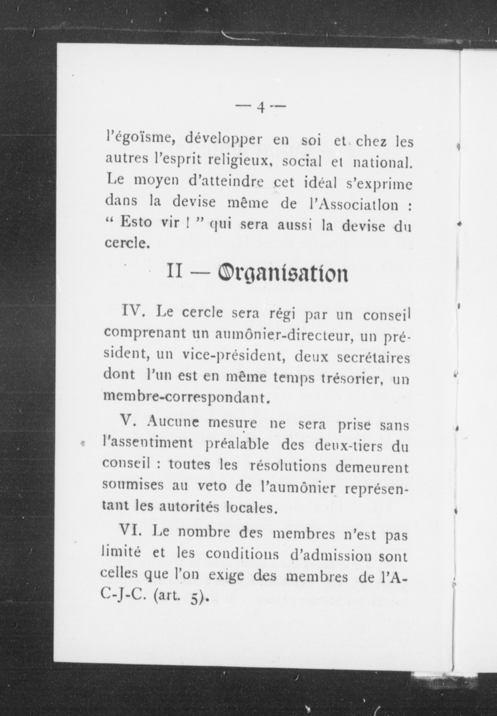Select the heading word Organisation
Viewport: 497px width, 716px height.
pyautogui.click(x=282, y=273)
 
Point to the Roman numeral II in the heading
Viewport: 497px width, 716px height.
pyautogui.click(x=175, y=272)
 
